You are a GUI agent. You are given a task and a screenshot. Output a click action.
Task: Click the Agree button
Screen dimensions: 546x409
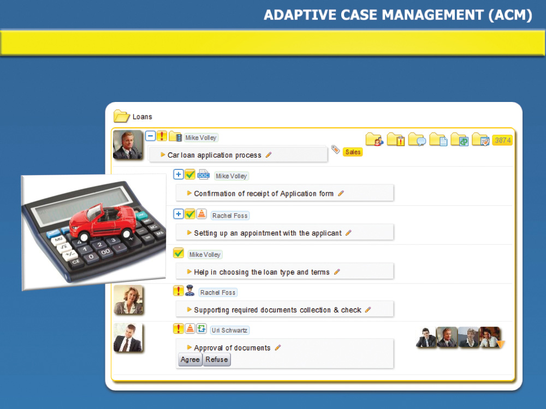pyautogui.click(x=190, y=359)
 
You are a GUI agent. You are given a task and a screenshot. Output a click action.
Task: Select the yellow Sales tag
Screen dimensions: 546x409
pyautogui.click(x=353, y=152)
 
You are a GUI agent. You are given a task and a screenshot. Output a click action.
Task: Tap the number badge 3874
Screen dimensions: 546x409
pyautogui.click(x=502, y=140)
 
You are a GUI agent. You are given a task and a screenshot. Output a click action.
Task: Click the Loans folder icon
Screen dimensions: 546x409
pyautogui.click(x=122, y=116)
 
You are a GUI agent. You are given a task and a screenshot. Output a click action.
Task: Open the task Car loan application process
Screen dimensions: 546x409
pyautogui.click(x=214, y=155)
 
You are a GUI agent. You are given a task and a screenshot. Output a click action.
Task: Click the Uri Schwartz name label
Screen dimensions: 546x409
pyautogui.click(x=229, y=330)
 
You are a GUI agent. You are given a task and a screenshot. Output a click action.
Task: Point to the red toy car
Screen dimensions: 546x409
pyautogui.click(x=103, y=222)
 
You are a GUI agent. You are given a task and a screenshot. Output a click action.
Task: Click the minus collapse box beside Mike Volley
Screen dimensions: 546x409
pyautogui.click(x=150, y=136)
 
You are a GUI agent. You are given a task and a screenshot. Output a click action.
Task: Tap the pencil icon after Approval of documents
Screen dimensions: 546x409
pyautogui.click(x=278, y=347)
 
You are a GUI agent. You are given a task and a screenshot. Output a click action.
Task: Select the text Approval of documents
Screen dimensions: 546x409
pyautogui.click(x=232, y=348)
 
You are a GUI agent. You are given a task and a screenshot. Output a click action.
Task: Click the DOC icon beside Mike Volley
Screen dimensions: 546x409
pyautogui.click(x=203, y=175)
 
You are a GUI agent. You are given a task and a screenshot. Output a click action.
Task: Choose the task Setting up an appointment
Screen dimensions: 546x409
pyautogui.click(x=268, y=233)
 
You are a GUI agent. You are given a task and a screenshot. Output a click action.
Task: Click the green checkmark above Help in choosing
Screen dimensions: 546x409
pyautogui.click(x=179, y=253)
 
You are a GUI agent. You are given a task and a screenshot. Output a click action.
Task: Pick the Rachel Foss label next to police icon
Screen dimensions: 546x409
pyautogui.click(x=218, y=292)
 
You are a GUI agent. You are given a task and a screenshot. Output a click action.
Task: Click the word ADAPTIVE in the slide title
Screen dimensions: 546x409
pyautogui.click(x=300, y=15)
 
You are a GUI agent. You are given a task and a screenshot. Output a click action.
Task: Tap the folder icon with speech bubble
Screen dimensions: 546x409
pyautogui.click(x=417, y=139)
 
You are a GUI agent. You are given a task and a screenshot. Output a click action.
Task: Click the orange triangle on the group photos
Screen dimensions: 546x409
pyautogui.click(x=500, y=344)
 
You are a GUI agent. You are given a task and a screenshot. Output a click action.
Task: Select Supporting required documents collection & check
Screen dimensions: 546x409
pyautogui.click(x=277, y=310)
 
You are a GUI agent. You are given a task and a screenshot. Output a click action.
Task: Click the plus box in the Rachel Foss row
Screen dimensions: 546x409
pyautogui.click(x=179, y=214)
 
